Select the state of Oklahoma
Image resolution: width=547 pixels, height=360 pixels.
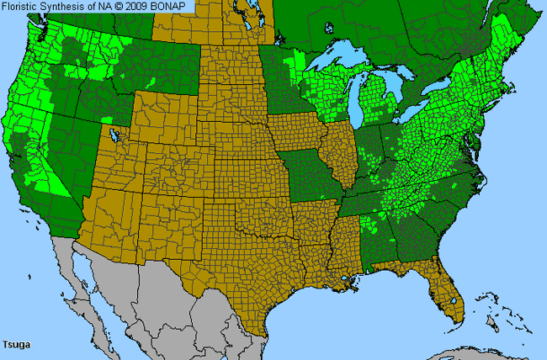point(252,214)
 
